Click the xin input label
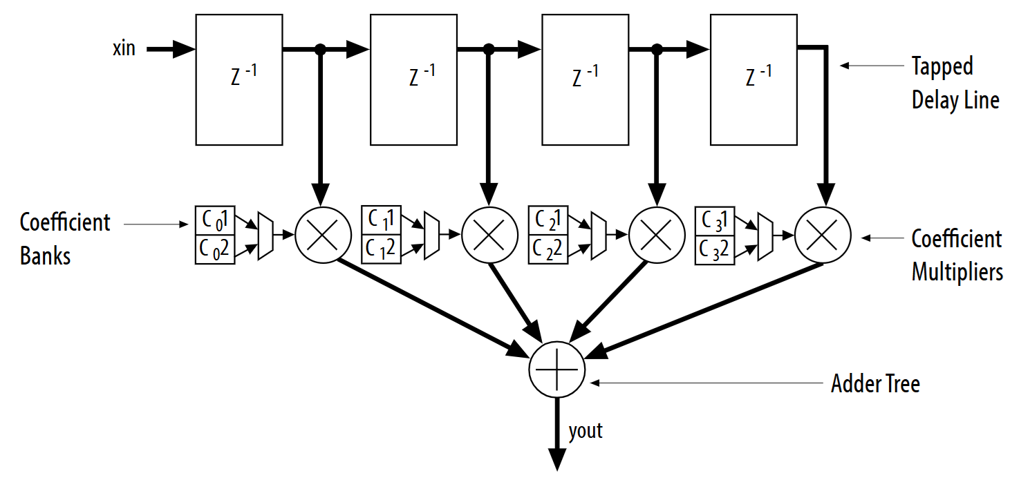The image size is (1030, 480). point(124,49)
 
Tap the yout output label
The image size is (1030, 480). point(586,432)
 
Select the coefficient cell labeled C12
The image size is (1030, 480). point(381,249)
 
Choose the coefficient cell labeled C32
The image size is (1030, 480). point(715,249)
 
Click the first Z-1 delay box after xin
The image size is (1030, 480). point(239,79)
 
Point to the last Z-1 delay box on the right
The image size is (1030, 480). point(753,79)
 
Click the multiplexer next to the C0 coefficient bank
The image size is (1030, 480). point(266,236)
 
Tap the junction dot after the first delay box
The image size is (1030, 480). point(321,49)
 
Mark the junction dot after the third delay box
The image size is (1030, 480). point(657,49)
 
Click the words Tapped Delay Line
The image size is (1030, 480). point(955,84)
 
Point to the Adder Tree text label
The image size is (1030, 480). point(875,384)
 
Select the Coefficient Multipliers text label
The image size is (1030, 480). point(957,256)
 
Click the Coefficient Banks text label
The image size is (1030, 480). point(64,239)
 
